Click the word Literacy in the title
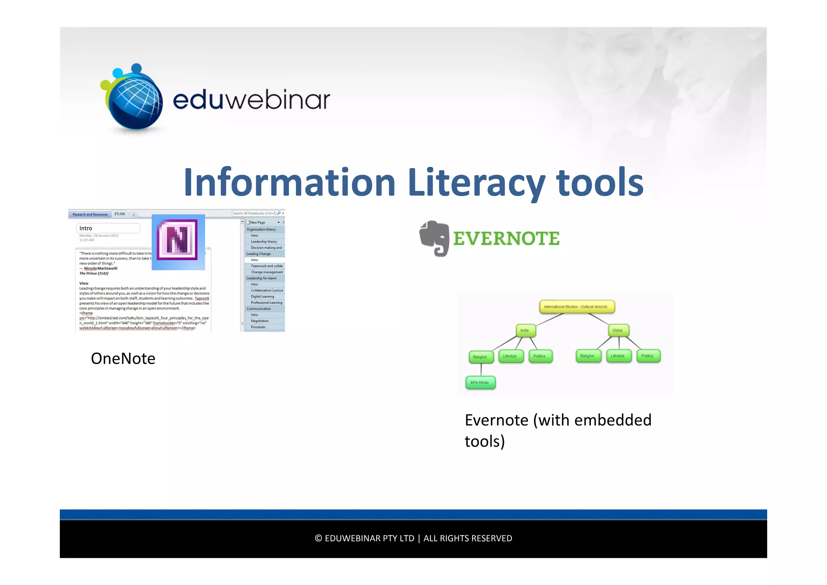476,183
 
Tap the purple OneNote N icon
178,240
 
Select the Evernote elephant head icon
434,238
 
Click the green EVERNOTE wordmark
506,239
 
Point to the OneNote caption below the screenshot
123,359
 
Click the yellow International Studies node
576,307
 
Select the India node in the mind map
525,331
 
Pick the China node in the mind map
618,331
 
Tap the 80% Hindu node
480,382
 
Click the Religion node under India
481,357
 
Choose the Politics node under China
648,356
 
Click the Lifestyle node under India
510,356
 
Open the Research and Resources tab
90,214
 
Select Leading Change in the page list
259,254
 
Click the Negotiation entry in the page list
260,321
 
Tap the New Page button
258,222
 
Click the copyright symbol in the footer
318,538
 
